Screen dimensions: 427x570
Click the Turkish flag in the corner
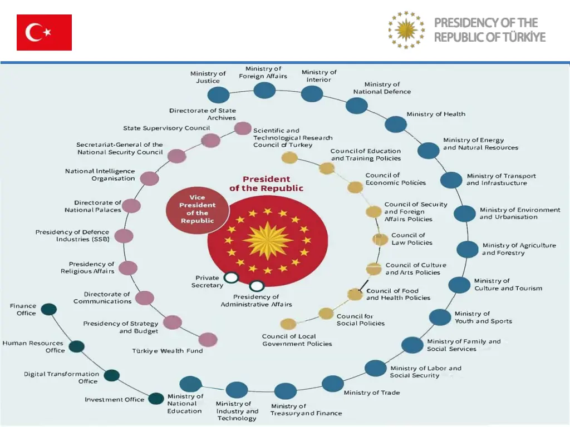44,32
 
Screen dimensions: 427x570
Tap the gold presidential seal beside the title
406,29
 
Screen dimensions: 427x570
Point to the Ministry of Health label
436,114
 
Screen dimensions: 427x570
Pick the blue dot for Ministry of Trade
333,384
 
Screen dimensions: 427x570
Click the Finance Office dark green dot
49,309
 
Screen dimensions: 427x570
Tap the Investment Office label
114,399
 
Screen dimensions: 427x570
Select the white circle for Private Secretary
231,277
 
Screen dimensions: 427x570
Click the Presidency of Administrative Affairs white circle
257,286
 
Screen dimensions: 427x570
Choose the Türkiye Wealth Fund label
168,351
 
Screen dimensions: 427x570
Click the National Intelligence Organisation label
100,175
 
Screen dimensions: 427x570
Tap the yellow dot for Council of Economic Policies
355,187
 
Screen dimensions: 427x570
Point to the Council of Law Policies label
412,239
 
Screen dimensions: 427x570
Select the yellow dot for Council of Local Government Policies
288,324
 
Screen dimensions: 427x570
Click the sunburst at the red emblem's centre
267,240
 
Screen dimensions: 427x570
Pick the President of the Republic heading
267,183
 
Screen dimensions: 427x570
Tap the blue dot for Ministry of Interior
312,94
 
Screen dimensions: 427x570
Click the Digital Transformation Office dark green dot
112,375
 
